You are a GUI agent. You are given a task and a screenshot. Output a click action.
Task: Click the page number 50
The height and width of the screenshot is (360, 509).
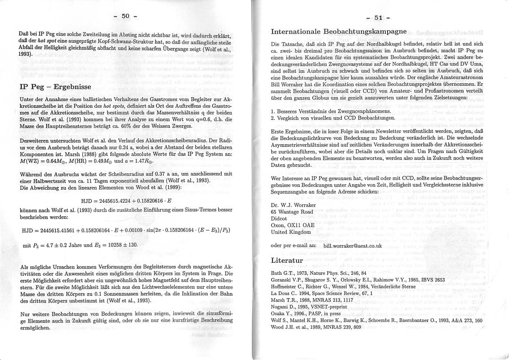pos(125,16)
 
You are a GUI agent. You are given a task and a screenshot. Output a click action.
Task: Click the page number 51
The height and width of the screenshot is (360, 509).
pos(378,18)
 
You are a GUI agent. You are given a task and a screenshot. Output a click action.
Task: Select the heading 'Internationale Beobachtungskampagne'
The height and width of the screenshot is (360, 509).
pos(339,31)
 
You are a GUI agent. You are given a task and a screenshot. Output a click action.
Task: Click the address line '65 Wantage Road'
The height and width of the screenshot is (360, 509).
pos(291,211)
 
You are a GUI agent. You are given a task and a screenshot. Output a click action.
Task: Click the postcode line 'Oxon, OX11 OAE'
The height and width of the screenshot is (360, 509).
pos(292,225)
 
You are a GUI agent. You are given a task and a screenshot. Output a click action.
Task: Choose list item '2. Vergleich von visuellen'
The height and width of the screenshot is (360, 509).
pos(333,118)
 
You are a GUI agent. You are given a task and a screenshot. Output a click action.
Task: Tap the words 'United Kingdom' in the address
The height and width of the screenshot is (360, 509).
pos(291,232)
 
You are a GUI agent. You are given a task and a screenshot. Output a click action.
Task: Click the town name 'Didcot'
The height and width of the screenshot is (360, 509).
pos(279,218)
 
